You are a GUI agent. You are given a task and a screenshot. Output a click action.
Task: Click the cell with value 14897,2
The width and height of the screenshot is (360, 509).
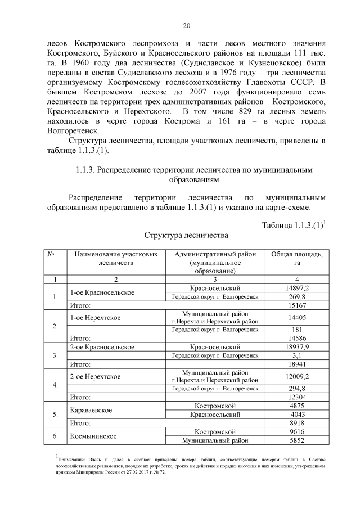coord(296,288)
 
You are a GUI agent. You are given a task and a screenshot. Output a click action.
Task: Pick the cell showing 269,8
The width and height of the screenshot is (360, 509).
coord(296,296)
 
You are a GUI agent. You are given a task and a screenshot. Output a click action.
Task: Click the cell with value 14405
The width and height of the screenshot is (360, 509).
coord(296,317)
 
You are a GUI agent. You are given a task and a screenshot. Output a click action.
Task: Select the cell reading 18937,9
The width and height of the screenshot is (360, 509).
coord(296,347)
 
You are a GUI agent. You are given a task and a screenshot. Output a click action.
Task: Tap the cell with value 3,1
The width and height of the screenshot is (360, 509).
coord(296,355)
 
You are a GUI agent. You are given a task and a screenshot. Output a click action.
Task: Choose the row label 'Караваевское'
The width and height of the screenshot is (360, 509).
coord(91,410)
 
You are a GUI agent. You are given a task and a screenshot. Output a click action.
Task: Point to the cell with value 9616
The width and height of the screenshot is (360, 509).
coord(296,431)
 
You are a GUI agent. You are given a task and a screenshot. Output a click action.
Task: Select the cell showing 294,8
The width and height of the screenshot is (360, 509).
coord(296,388)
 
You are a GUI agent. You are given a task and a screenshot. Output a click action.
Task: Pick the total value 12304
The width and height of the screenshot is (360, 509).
coord(296,397)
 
